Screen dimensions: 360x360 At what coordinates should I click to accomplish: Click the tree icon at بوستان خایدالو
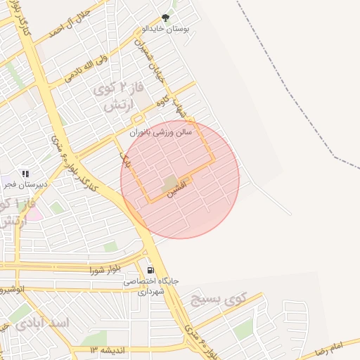[166, 18]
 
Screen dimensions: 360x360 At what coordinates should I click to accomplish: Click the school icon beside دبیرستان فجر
[26, 174]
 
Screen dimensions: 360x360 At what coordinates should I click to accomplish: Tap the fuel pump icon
[150, 270]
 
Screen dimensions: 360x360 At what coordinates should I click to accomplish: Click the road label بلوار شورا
[105, 270]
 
